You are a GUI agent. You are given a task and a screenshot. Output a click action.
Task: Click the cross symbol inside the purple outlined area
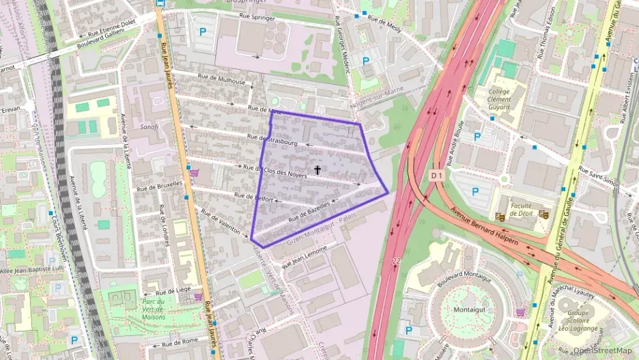(x=317, y=169)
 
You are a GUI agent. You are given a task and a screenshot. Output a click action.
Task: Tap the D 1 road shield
(x=438, y=176)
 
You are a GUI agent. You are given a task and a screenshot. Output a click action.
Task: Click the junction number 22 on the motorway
(x=397, y=261)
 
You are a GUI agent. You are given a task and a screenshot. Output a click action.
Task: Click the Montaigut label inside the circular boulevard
(x=468, y=309)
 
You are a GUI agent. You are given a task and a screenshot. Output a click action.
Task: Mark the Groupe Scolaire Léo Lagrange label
(x=582, y=322)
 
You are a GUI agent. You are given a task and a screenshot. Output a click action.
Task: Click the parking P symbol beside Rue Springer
(x=202, y=31)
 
